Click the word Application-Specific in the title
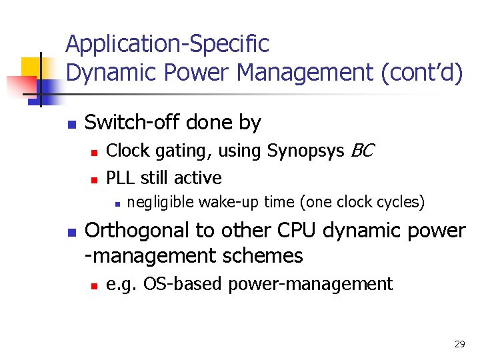click(x=167, y=45)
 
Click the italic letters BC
click(x=362, y=151)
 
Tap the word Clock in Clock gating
click(x=127, y=151)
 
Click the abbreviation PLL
click(x=119, y=178)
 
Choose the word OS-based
click(x=185, y=284)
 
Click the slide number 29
click(x=459, y=344)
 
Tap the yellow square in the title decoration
click(x=31, y=67)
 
